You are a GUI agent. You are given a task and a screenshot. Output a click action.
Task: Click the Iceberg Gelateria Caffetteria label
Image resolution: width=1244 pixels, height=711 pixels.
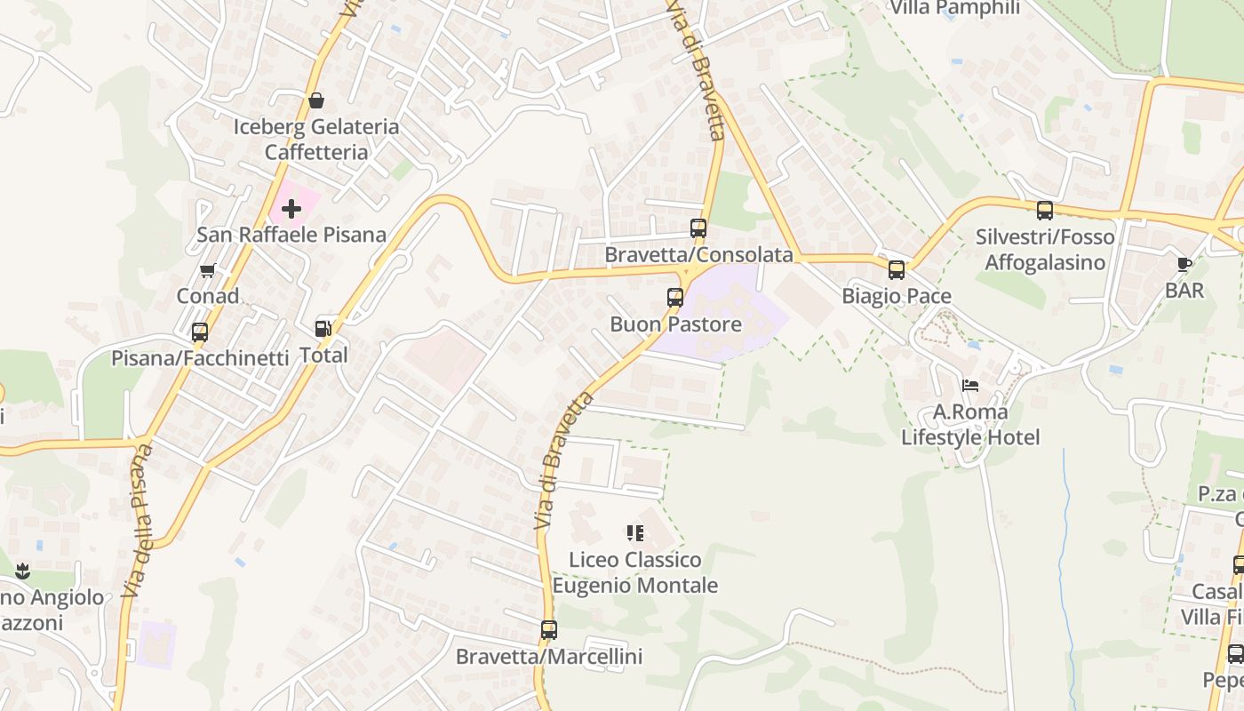[x=315, y=140]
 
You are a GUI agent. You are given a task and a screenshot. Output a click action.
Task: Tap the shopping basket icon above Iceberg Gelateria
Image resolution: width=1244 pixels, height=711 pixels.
[x=315, y=100]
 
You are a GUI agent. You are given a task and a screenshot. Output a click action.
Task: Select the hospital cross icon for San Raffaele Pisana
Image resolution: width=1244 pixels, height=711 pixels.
[x=291, y=209]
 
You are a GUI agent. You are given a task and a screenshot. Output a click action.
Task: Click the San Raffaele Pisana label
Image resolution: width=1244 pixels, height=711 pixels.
[x=291, y=235]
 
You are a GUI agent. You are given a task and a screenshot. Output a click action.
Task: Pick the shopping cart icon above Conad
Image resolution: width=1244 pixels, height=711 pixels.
[x=208, y=270]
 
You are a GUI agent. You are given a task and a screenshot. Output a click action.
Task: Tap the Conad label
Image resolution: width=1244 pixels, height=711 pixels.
[x=208, y=296]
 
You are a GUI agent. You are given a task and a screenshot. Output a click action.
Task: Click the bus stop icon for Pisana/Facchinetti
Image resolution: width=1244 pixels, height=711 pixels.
[x=200, y=332]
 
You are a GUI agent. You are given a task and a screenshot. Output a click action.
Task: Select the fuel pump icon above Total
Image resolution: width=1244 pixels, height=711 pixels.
[x=323, y=329]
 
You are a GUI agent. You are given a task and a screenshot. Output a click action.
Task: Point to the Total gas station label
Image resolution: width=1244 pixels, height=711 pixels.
[x=323, y=355]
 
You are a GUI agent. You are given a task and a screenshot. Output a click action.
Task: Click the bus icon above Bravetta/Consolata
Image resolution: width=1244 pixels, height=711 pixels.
[x=698, y=228]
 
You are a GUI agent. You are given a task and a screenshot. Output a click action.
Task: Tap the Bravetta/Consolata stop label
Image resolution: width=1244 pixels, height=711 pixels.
[x=698, y=255]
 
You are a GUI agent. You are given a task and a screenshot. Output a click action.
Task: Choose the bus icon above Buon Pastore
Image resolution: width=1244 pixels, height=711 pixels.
[x=675, y=298]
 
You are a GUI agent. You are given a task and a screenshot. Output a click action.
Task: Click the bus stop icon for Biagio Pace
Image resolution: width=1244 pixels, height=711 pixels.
[x=897, y=270]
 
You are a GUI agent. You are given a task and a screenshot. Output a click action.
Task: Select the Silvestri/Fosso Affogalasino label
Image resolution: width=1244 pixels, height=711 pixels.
[x=1045, y=250]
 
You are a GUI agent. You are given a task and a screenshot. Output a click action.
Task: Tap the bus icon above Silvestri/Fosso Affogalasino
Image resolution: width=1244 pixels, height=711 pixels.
[x=1045, y=211]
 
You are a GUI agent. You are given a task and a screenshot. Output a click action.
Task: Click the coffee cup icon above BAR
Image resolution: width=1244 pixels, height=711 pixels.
[x=1184, y=264]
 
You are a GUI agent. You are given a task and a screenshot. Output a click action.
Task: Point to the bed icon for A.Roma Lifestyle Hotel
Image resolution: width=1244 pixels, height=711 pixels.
[x=970, y=386]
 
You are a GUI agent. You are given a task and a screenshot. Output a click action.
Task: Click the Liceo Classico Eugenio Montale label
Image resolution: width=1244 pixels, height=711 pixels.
[x=635, y=572]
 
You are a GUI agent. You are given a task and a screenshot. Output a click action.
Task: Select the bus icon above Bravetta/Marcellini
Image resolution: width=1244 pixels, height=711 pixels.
[x=549, y=630]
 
